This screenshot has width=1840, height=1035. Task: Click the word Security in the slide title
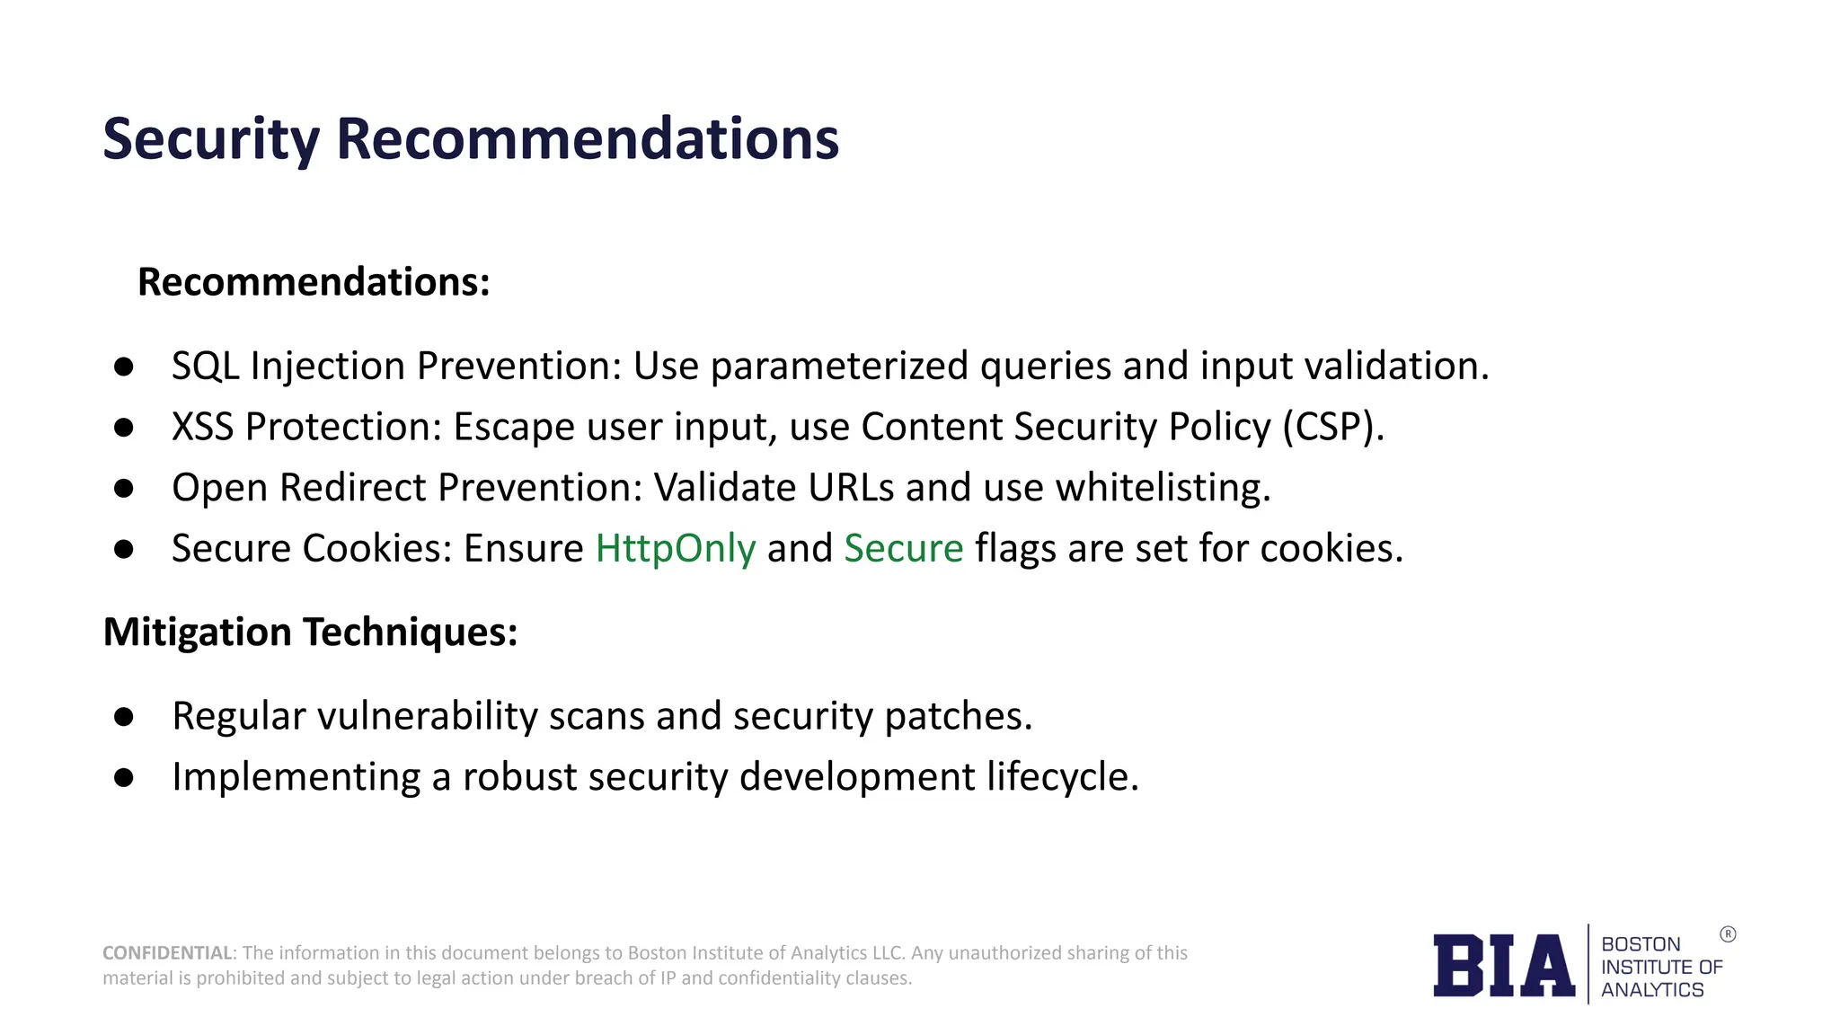point(211,139)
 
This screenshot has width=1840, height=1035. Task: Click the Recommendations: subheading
point(314,282)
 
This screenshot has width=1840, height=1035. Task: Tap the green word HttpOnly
point(676,548)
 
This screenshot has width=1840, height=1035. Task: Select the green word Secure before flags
point(904,548)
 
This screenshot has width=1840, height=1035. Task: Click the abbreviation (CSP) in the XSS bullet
point(1333,427)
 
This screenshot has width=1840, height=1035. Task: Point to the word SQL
point(205,367)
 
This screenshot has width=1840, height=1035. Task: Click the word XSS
point(203,427)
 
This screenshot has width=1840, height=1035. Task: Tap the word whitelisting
point(1163,488)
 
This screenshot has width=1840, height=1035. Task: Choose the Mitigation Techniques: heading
point(310,632)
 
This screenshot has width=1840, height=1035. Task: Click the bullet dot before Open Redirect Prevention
point(124,488)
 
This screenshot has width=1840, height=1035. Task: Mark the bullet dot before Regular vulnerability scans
point(124,716)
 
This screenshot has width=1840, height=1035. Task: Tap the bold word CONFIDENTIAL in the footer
point(167,953)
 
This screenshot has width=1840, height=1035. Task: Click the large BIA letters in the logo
point(1504,966)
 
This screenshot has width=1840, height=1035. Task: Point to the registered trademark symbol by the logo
point(1728,934)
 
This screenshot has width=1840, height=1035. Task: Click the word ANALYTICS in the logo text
point(1652,990)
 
